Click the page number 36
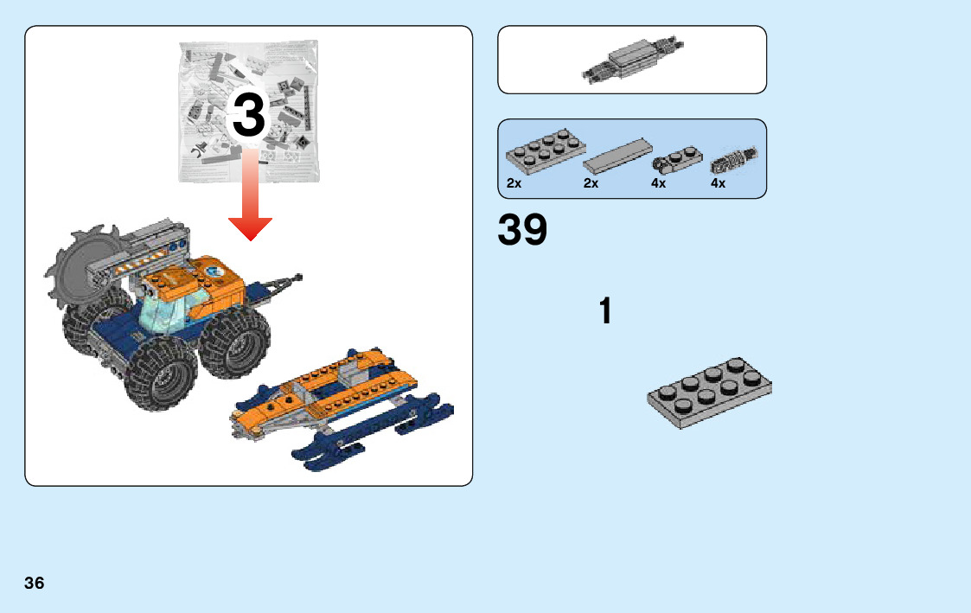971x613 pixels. (x=34, y=583)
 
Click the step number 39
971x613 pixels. (x=522, y=229)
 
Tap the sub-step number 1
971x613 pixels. (x=605, y=310)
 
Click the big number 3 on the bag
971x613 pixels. (x=249, y=115)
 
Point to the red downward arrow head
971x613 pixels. (x=250, y=228)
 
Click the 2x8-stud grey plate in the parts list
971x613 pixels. (x=546, y=150)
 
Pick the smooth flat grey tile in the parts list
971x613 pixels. (x=617, y=156)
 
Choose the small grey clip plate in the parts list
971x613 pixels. (x=677, y=159)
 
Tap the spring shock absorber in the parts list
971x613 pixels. (x=734, y=160)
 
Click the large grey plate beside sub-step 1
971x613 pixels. (x=710, y=393)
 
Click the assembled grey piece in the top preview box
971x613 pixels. (x=633, y=60)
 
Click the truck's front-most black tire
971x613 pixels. (x=162, y=375)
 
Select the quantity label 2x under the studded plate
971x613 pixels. (x=514, y=183)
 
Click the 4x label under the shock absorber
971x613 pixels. (x=718, y=183)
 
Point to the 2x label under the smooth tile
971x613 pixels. (x=591, y=183)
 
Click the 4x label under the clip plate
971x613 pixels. (x=658, y=183)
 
